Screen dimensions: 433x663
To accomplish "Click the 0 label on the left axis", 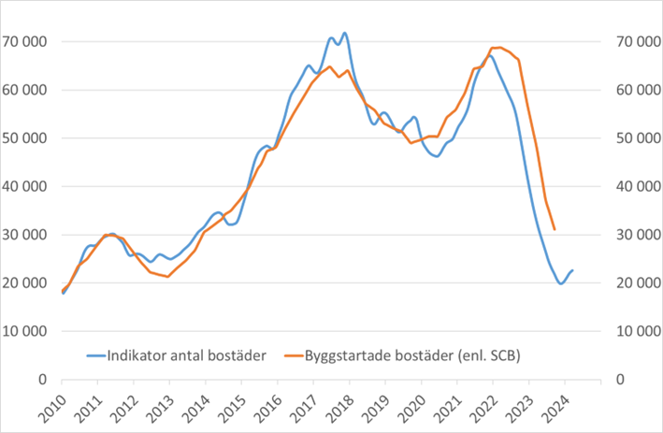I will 43,380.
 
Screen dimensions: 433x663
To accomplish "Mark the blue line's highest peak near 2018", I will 345,33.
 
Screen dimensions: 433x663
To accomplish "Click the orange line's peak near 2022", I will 497,47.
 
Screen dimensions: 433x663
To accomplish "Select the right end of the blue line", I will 572,270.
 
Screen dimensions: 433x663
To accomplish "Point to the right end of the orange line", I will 555,229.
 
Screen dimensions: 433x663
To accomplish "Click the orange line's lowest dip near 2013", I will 167,277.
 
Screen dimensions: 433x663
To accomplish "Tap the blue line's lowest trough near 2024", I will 561,283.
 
